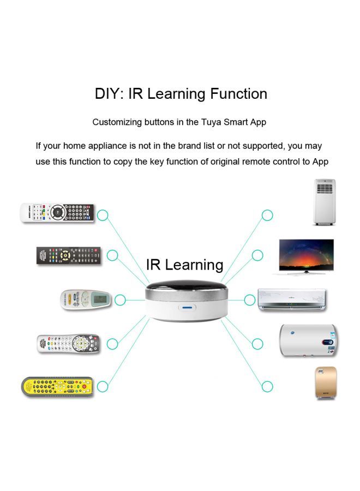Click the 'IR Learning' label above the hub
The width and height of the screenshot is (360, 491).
click(x=184, y=265)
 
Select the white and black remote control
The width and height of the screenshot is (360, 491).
click(x=57, y=212)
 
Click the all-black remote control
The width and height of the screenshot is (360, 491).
click(x=69, y=255)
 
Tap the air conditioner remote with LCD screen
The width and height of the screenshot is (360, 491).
click(x=86, y=299)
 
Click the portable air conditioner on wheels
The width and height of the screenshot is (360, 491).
click(x=324, y=202)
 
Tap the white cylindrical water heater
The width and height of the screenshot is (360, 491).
click(x=308, y=340)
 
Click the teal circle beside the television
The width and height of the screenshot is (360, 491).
click(x=257, y=255)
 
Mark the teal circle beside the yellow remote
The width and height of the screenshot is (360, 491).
click(x=103, y=387)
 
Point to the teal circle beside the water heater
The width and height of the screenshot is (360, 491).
click(x=257, y=344)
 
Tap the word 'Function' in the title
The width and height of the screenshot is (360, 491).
click(x=238, y=94)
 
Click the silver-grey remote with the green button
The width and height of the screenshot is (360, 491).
click(x=68, y=343)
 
